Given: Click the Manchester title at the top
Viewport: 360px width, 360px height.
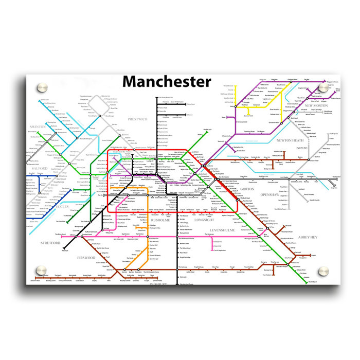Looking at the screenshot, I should point(167,82).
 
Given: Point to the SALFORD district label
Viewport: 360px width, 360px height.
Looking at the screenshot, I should point(40,168).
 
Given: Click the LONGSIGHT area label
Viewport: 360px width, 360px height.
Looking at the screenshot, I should point(204,220).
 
